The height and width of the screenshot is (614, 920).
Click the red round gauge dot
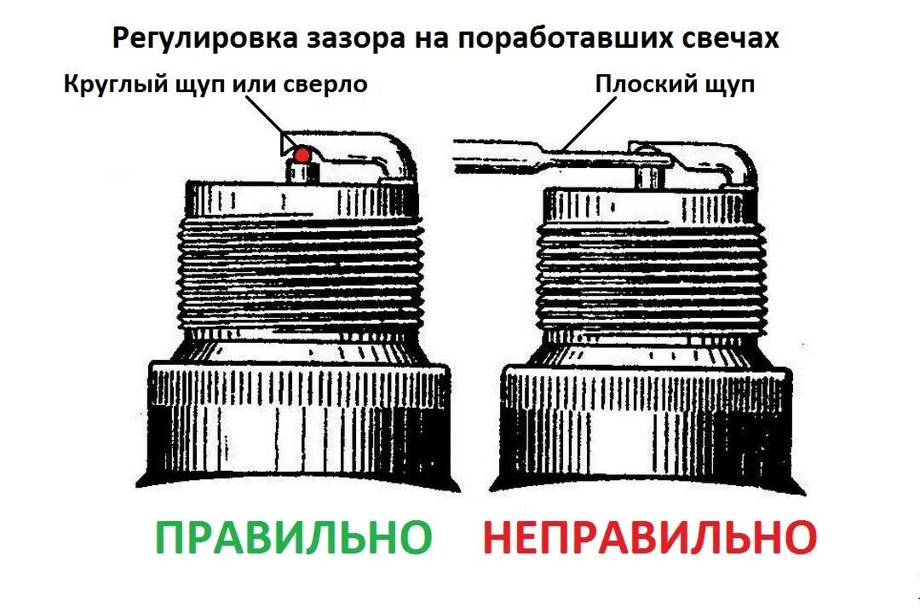click(x=301, y=154)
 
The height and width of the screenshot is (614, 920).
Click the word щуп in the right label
click(x=726, y=85)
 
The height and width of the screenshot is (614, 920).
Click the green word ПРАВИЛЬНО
click(x=293, y=537)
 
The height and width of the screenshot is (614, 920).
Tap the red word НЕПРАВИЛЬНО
click(x=650, y=537)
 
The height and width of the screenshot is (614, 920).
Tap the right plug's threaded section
click(x=652, y=273)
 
